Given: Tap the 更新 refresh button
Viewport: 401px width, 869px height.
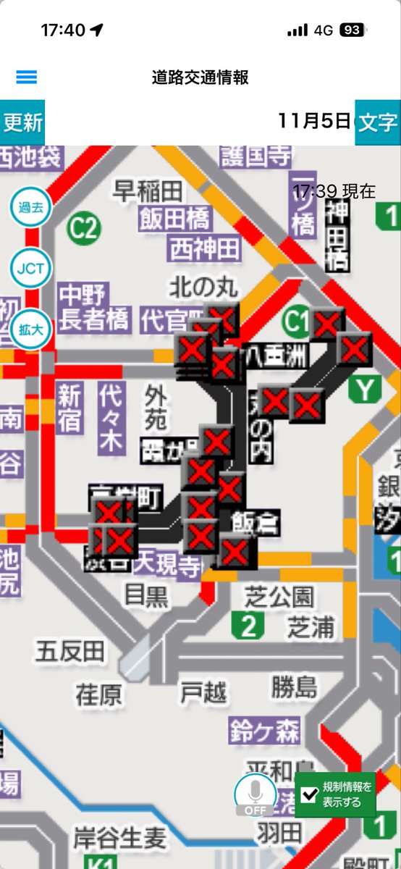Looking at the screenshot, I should (22, 122).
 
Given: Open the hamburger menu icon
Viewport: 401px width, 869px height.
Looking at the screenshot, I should (26, 77).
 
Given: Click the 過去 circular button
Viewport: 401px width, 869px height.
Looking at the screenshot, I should (30, 207).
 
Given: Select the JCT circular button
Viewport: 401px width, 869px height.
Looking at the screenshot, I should (30, 269).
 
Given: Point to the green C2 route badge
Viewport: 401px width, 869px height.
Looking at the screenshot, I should (83, 229).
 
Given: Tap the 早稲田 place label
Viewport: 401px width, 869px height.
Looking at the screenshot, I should (148, 191).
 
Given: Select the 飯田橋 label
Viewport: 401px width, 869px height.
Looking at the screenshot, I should (175, 218).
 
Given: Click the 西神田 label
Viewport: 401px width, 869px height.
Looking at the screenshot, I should (204, 249).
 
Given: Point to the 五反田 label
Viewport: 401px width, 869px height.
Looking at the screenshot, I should (69, 650).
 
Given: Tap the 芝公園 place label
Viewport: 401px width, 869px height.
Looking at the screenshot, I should (279, 597).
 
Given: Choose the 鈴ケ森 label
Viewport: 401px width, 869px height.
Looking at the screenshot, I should (265, 731).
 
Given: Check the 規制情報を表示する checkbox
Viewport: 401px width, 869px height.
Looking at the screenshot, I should (311, 794).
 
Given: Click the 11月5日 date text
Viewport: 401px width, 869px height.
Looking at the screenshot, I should (314, 120).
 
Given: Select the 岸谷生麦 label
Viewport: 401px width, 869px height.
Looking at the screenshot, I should (119, 839).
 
